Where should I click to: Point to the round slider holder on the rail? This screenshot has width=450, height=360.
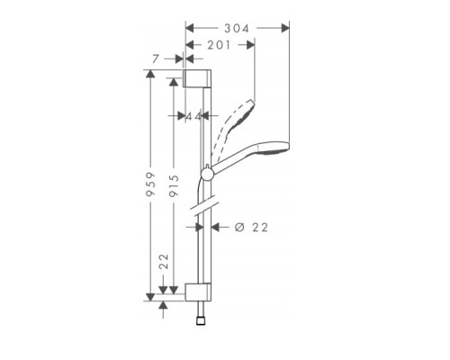tap(207, 173)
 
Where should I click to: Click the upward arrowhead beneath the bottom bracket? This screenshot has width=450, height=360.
tap(163, 305)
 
